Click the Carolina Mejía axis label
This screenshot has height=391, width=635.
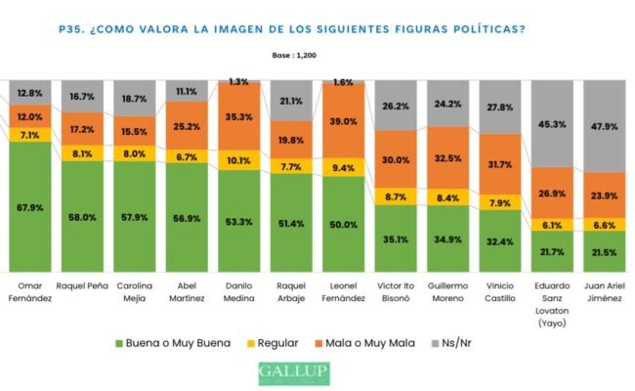[x=139, y=290]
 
